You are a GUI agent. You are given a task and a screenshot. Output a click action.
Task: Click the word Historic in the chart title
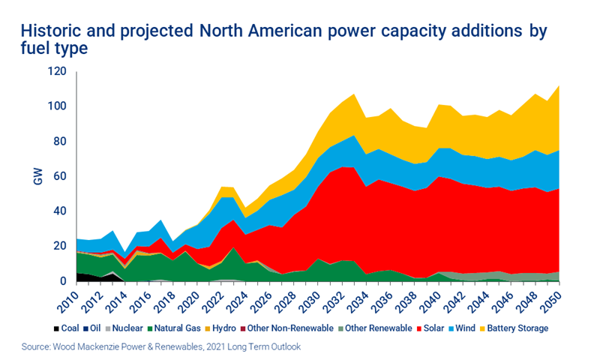pos(48,32)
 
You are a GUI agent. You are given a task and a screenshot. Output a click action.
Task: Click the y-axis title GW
pos(37,177)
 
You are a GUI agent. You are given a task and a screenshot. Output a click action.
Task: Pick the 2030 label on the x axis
pos(316,298)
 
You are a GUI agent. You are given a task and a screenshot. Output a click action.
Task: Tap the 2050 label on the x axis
pos(553,298)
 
